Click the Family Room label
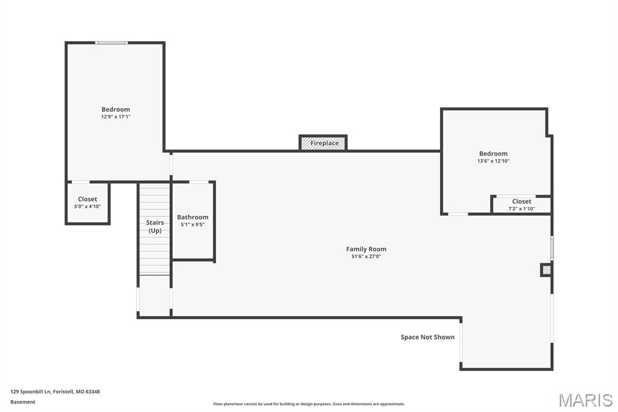[366, 249]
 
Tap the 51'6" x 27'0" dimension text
[366, 257]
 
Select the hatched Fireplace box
[323, 143]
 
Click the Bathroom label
[193, 217]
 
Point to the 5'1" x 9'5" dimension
[193, 225]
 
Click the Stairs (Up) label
[154, 227]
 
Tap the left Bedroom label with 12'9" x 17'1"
[115, 109]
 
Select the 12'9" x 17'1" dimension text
[115, 117]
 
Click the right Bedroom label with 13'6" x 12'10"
[493, 153]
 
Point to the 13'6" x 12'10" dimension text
[493, 161]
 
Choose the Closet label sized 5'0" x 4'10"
[88, 199]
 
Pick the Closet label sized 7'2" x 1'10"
[521, 201]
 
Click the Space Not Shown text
[427, 337]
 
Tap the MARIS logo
[585, 399]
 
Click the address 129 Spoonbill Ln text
[55, 391]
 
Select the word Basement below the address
[23, 402]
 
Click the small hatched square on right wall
[546, 270]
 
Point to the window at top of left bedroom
[112, 43]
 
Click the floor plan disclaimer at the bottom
[308, 404]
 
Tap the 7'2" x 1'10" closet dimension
[521, 209]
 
